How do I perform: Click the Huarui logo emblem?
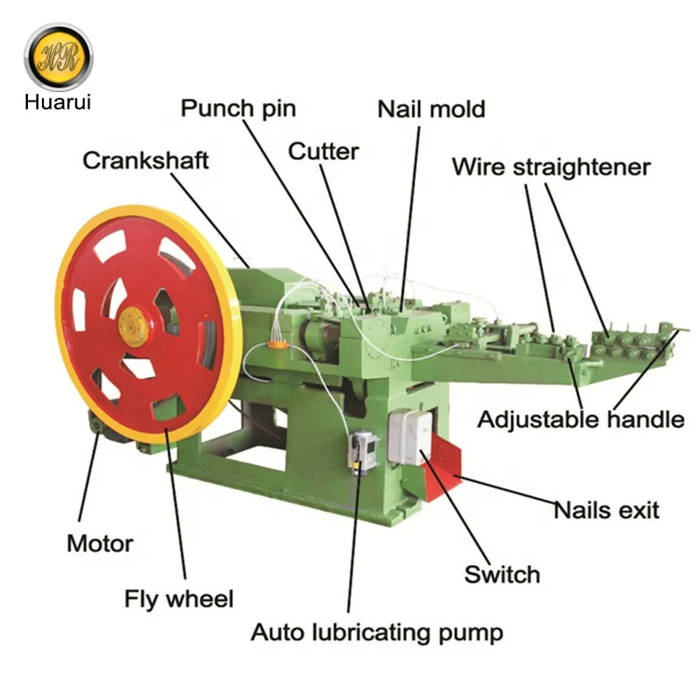(x=58, y=57)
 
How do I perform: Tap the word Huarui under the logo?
(x=58, y=101)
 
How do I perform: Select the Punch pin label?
(x=238, y=108)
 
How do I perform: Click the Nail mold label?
(x=431, y=109)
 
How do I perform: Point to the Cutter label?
(x=323, y=151)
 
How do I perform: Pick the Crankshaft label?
(x=146, y=159)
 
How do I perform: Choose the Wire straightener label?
(x=551, y=168)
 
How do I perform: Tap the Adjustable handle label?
(x=581, y=420)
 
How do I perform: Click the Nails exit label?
(x=606, y=510)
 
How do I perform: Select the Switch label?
(x=503, y=573)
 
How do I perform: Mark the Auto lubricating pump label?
(x=377, y=633)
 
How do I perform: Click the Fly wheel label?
(x=179, y=598)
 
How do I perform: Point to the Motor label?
(x=100, y=543)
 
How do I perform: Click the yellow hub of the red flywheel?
(x=133, y=327)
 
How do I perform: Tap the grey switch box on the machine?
(x=410, y=437)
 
